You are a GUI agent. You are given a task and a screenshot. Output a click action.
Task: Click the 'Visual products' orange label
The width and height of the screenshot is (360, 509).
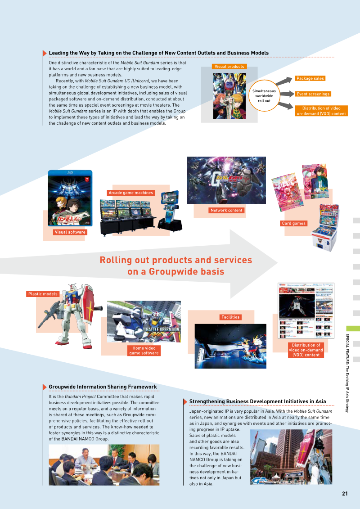coord(229,67)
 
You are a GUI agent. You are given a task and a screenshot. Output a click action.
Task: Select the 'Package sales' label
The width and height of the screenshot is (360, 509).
coord(310,78)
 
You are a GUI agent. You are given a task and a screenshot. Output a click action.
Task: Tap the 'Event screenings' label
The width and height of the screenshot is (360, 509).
coord(313,94)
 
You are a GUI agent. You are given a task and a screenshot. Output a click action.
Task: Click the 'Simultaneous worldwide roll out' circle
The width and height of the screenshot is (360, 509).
coord(264,95)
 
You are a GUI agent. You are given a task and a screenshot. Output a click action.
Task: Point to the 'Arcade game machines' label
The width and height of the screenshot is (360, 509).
coord(130,193)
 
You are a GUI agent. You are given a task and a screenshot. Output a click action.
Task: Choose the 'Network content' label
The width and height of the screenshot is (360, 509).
coord(226,210)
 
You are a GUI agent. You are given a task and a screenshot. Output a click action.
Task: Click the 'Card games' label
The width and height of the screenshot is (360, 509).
coord(293,223)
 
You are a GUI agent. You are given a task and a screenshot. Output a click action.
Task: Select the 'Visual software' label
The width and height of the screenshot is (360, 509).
coord(70,232)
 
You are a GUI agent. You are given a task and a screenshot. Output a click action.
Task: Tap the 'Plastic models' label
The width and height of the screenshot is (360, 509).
coord(43,294)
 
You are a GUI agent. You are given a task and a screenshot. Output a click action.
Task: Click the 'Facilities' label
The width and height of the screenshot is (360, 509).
coord(230,317)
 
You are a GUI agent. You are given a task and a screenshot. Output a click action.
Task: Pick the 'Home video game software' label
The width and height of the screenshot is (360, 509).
coord(144,351)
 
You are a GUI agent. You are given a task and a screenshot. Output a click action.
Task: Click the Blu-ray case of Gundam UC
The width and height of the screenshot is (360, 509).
coord(70,198)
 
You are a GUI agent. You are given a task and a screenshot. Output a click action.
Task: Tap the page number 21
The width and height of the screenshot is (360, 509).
coord(345,494)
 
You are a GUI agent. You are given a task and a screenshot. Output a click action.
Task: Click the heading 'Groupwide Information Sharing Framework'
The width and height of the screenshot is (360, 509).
coord(103,387)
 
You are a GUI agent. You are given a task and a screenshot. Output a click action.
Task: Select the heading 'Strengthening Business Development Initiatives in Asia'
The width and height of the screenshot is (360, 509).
coord(257,401)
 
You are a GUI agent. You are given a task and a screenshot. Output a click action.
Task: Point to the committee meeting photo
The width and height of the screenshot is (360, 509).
coord(104,465)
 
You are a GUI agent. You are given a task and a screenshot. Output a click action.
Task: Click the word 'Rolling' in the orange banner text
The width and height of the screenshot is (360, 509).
coord(116,260)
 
